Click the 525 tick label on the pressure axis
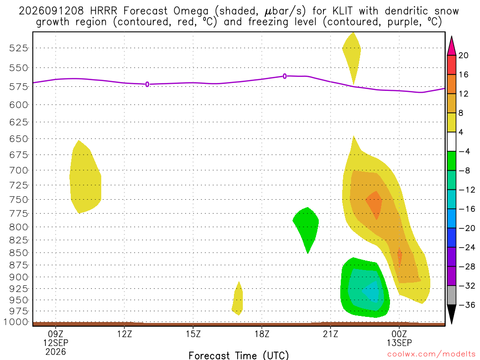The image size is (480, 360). point(18,48)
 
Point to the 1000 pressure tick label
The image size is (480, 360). point(15,322)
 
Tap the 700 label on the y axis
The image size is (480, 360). point(18,170)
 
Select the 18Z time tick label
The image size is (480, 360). point(262,334)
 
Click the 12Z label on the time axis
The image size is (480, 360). point(125,334)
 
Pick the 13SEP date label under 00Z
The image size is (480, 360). point(399,343)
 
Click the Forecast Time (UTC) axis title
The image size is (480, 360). point(239,355)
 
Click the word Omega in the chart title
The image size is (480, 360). point(191,11)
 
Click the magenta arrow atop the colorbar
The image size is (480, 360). point(451,45)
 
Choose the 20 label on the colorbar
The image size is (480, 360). point(464,55)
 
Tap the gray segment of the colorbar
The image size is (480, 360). point(451,295)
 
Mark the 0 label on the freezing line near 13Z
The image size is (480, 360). point(147,84)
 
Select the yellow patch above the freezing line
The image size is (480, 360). point(352,55)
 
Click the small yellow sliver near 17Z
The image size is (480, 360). point(238,299)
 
